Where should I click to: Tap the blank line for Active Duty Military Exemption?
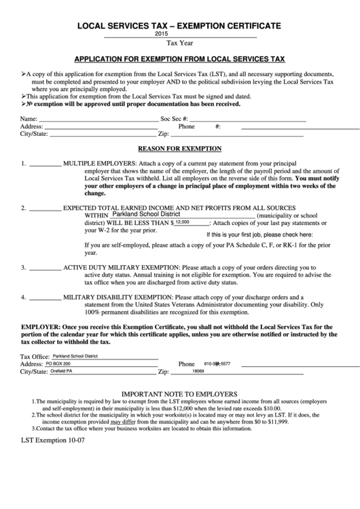tap(46, 268)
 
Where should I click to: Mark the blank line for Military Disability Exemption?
tap(46, 297)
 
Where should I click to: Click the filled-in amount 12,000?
tap(183, 222)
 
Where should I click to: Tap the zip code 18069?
tap(198, 372)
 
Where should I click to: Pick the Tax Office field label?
tap(35, 356)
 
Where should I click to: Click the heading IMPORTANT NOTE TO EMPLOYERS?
tap(179, 393)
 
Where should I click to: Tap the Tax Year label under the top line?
tap(179, 43)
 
